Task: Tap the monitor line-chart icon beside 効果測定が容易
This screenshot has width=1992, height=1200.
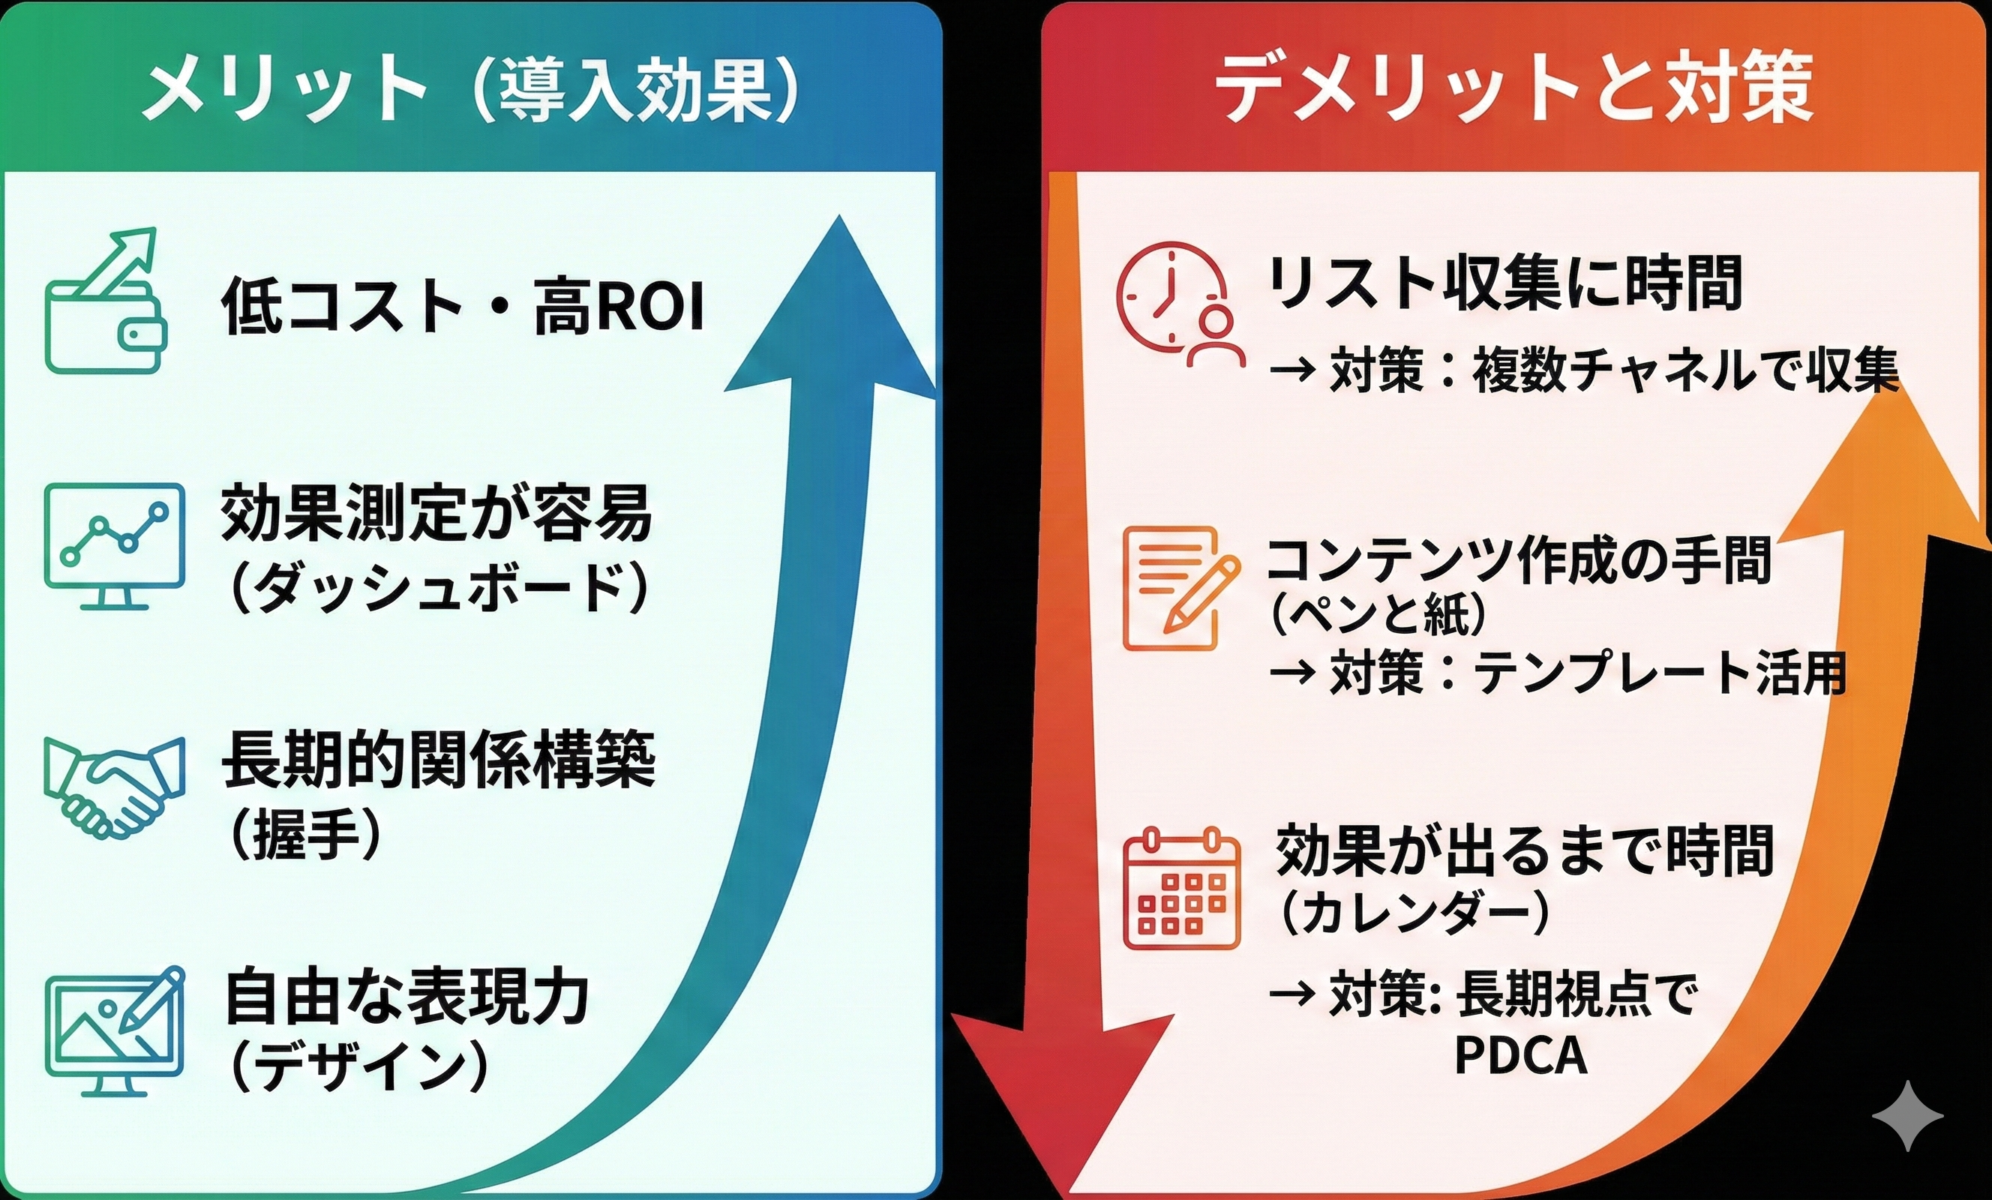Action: [x=114, y=546]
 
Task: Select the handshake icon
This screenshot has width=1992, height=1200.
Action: [x=114, y=784]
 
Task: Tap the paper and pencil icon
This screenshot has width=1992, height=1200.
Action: [x=1181, y=589]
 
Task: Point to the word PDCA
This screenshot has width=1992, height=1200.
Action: [x=1521, y=1054]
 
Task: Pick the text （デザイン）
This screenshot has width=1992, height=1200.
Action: [x=359, y=1066]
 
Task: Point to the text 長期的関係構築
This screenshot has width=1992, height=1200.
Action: [x=438, y=760]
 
